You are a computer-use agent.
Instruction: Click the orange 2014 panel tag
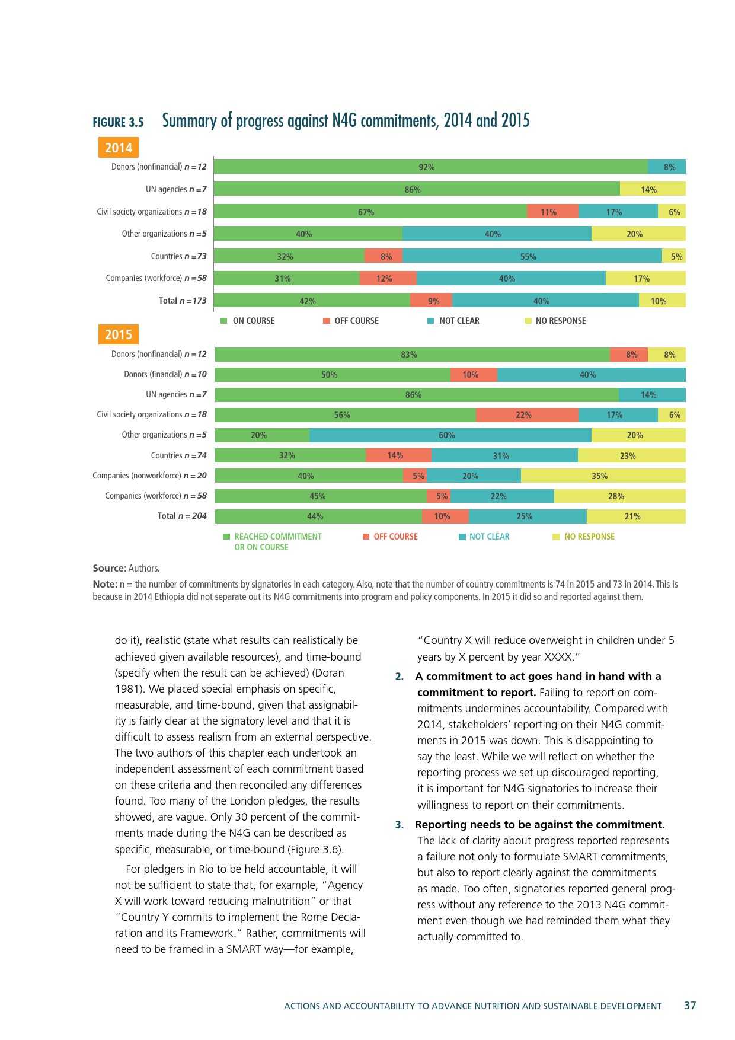(119, 148)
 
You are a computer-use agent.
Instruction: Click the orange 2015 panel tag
(119, 334)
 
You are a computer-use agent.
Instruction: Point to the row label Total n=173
(183, 301)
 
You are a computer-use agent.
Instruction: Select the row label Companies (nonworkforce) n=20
(149, 476)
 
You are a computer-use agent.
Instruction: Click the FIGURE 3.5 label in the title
(118, 122)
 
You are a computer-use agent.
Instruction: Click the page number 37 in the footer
(690, 1005)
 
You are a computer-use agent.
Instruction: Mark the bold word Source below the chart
(109, 568)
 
